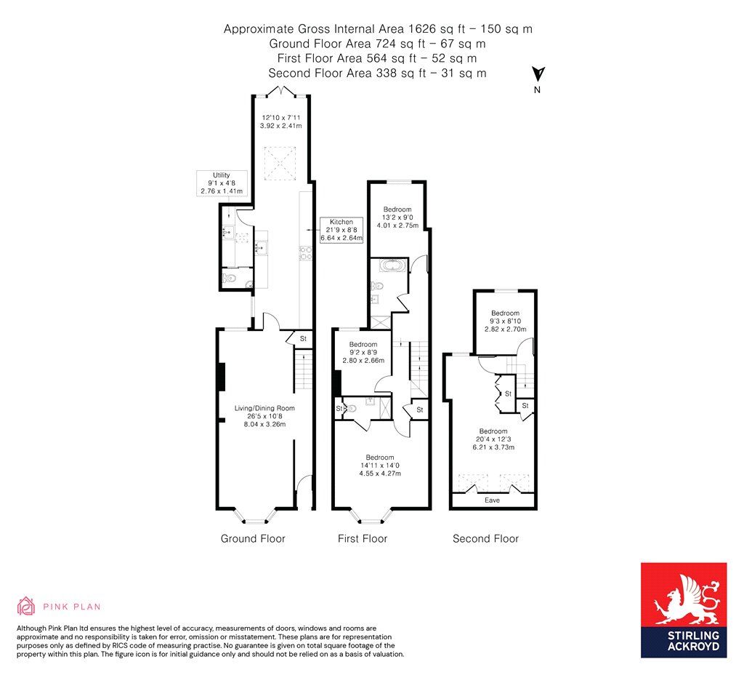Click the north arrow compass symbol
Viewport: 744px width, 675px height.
[538, 75]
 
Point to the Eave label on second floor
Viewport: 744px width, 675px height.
[493, 500]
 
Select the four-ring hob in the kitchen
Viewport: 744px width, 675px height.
[305, 254]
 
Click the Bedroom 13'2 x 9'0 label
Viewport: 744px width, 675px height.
[398, 217]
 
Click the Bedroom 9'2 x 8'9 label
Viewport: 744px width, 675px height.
[363, 352]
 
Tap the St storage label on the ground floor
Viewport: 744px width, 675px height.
[304, 339]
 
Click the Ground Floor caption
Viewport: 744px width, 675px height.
[253, 539]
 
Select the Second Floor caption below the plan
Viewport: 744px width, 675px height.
[485, 539]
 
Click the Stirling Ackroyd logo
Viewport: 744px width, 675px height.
[683, 610]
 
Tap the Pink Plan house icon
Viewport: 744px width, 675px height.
[26, 606]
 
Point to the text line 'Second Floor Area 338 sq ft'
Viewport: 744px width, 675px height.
[377, 73]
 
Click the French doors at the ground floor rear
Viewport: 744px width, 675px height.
[280, 91]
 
